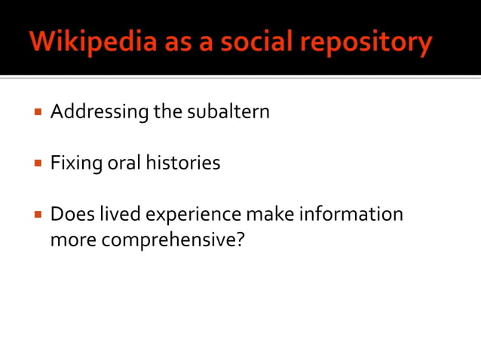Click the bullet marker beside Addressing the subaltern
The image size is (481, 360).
pos(37,113)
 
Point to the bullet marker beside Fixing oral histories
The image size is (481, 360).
pos(37,163)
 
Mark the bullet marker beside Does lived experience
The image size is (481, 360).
pos(37,214)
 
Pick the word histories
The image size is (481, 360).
pos(183,163)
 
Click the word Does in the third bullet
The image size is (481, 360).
pos(69,214)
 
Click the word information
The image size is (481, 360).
pos(351,214)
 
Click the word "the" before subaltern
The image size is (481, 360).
pos(168,112)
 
